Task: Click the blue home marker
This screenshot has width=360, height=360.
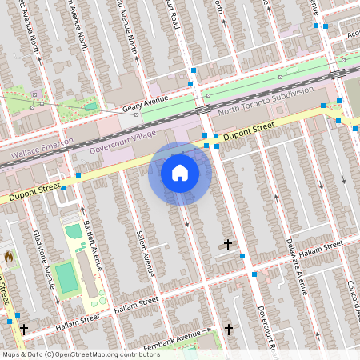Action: click(x=180, y=173)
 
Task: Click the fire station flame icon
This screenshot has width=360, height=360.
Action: click(x=9, y=258)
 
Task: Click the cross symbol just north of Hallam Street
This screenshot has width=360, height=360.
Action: click(x=228, y=244)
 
